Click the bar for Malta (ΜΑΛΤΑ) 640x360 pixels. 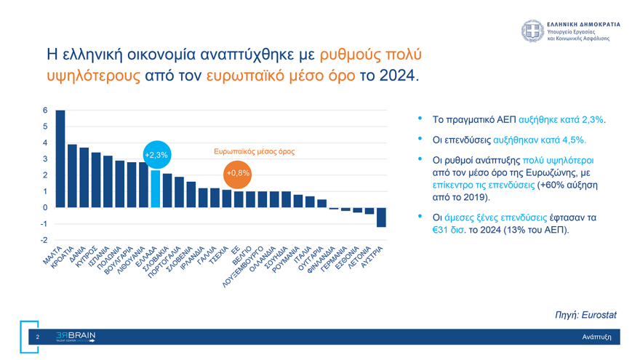pos(60,159)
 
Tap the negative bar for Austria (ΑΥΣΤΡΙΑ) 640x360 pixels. pos(381,217)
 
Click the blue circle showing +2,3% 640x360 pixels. pos(156,155)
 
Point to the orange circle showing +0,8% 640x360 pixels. pos(238,173)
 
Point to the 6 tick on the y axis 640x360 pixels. pos(45,111)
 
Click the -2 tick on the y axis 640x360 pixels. pos(44,240)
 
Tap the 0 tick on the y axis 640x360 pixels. pos(45,208)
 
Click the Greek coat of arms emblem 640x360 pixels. pos(532,31)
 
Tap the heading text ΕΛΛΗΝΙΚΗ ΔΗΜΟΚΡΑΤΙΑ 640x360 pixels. pos(583,24)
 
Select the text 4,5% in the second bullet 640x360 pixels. pos(572,140)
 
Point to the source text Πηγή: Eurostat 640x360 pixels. pos(585,315)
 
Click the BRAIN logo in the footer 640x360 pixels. pos(76,336)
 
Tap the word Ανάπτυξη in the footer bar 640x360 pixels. pos(596,337)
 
